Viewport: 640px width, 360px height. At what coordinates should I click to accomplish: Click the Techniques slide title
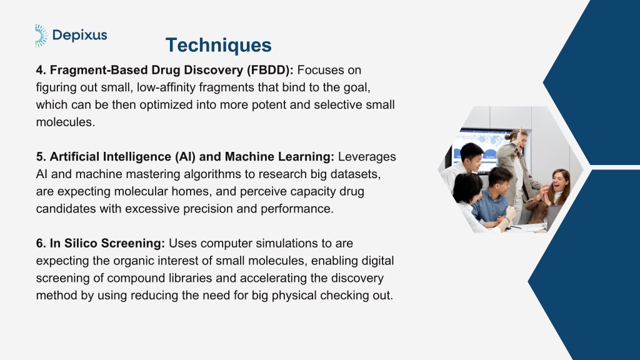(x=218, y=45)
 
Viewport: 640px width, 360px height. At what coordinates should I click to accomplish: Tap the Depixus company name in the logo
(x=80, y=35)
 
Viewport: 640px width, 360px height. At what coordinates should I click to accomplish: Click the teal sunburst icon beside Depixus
(x=41, y=36)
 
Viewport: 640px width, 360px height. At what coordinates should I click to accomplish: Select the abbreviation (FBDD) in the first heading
(x=270, y=70)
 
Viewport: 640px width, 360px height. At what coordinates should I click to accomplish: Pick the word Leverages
(x=367, y=157)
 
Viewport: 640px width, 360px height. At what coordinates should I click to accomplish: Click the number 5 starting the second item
(x=41, y=157)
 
